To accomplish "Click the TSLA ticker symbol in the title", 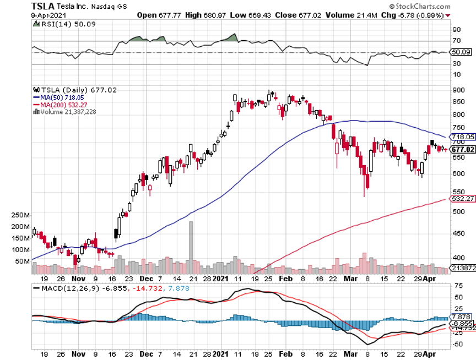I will click(x=42, y=7).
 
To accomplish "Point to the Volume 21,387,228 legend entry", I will click(x=68, y=111).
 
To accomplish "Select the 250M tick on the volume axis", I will click(x=19, y=215).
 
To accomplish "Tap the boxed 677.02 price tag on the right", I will click(x=463, y=149).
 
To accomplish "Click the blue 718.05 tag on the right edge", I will click(x=463, y=137).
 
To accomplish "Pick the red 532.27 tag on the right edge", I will click(x=463, y=198).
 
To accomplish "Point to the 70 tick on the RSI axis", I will click(x=457, y=41).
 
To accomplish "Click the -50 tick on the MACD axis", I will click(x=457, y=344).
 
